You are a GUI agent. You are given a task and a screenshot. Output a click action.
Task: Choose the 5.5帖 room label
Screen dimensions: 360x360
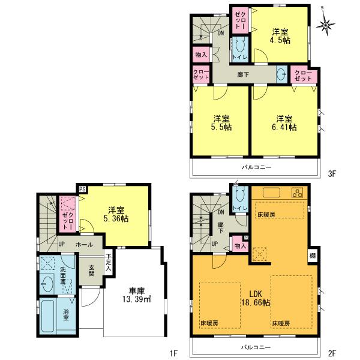pos(221,122)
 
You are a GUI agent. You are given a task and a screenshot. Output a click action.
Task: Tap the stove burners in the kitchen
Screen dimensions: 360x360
pos(296,193)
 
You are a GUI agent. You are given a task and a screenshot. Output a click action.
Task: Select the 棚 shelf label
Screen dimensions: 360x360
pos(313,255)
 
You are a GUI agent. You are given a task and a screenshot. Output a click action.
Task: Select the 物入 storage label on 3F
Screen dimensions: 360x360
pos(202,55)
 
